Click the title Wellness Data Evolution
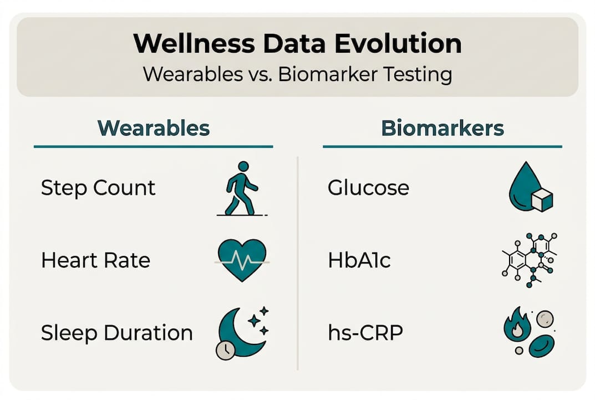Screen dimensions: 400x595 pyautogui.click(x=297, y=44)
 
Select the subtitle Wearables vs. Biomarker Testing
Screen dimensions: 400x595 pyautogui.click(x=297, y=74)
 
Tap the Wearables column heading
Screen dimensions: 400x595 pyautogui.click(x=154, y=128)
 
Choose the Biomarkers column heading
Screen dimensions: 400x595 pyautogui.click(x=443, y=128)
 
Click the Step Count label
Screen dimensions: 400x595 pyautogui.click(x=98, y=188)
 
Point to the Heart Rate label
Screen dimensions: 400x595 pyautogui.click(x=95, y=260)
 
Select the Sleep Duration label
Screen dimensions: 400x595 pyautogui.click(x=116, y=333)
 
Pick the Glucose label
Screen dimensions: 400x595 pyautogui.click(x=368, y=188)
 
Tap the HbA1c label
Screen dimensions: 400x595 pyautogui.click(x=359, y=260)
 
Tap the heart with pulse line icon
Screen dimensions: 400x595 pyautogui.click(x=242, y=258)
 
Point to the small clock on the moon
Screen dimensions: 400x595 pyautogui.click(x=225, y=351)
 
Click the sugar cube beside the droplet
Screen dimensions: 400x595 pyautogui.click(x=542, y=199)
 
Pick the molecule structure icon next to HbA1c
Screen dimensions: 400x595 pyautogui.click(x=530, y=259)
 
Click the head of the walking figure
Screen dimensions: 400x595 pyautogui.click(x=243, y=167)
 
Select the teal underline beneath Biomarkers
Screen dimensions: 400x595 pyautogui.click(x=442, y=147)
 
